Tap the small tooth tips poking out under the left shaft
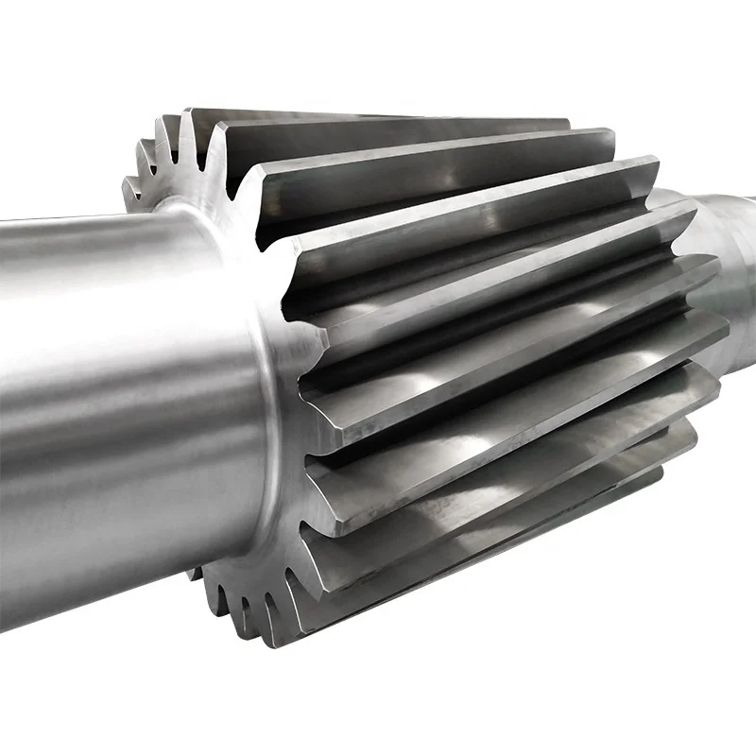pos(236,605)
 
